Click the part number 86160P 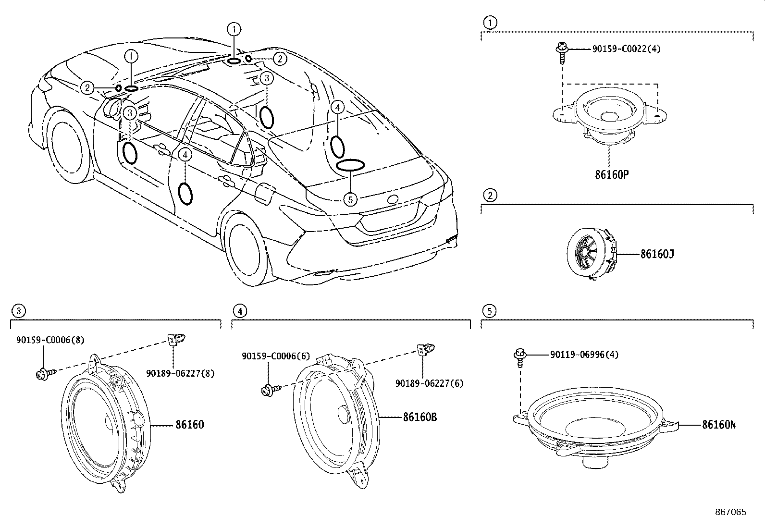(x=612, y=174)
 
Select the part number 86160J (x=657, y=254)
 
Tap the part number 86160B (x=420, y=417)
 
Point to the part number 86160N (x=719, y=425)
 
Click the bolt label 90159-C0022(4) (x=626, y=49)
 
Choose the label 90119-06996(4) (x=584, y=355)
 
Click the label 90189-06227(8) (x=180, y=374)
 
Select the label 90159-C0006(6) (x=276, y=356)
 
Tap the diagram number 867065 (x=731, y=512)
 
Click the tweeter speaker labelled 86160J (x=592, y=253)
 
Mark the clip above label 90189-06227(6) (x=425, y=350)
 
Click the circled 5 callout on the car (x=350, y=199)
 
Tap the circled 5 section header (x=489, y=311)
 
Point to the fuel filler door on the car (x=265, y=194)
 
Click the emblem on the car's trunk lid (x=393, y=199)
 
